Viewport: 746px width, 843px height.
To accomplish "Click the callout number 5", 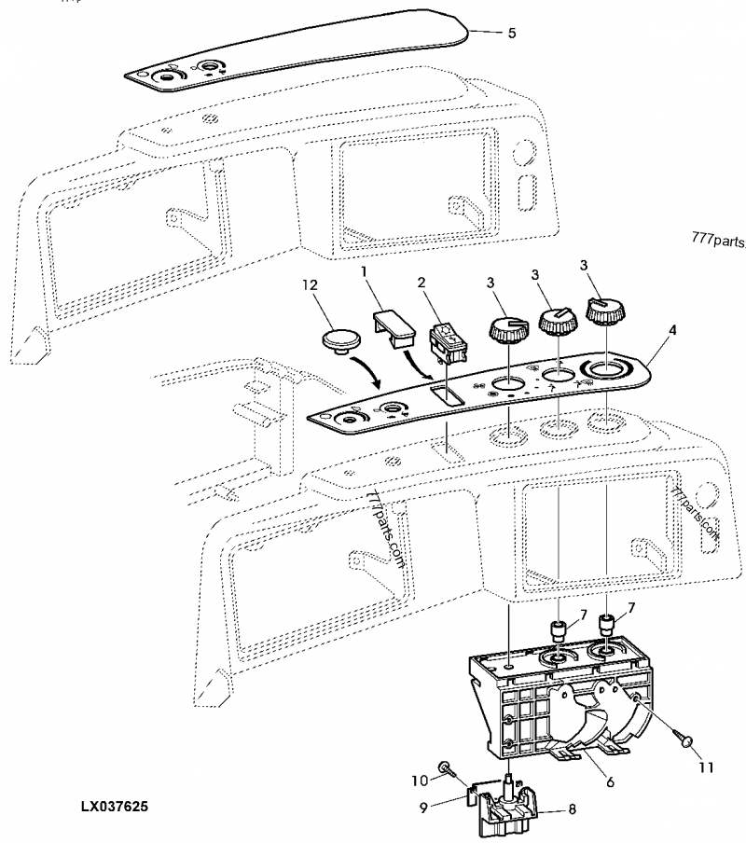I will (511, 33).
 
